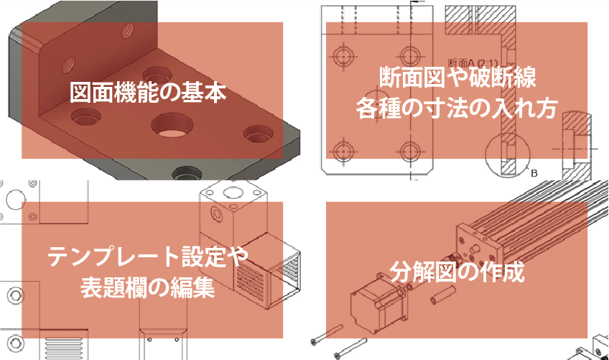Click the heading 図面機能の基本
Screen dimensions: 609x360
(148, 92)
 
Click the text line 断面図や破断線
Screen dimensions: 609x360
(457, 77)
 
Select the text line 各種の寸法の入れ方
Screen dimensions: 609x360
(457, 109)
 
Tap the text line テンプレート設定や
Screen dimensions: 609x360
(148, 257)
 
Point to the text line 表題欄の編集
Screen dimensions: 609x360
(148, 288)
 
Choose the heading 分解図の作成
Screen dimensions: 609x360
(457, 272)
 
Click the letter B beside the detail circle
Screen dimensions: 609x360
(534, 173)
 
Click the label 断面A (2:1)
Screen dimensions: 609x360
(473, 63)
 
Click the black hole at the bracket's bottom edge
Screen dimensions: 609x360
(187, 173)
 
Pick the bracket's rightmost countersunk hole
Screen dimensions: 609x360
(258, 134)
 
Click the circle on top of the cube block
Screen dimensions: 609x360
(234, 193)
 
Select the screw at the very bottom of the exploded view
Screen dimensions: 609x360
(350, 348)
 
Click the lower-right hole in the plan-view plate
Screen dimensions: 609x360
(412, 150)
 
